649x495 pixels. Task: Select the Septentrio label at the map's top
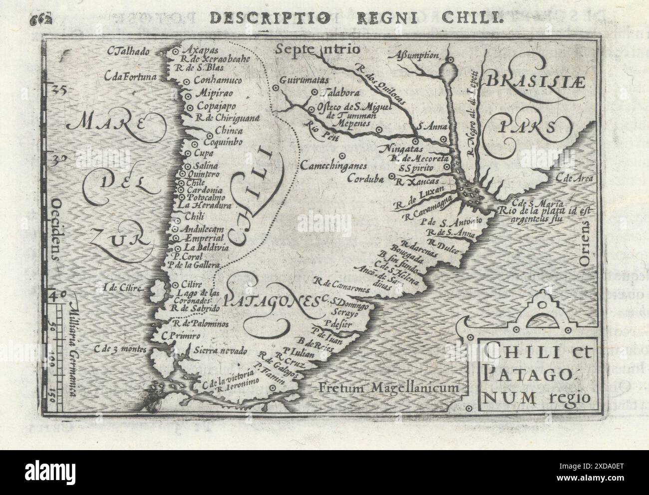coord(316,49)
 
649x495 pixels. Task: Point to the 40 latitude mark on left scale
coord(57,295)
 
